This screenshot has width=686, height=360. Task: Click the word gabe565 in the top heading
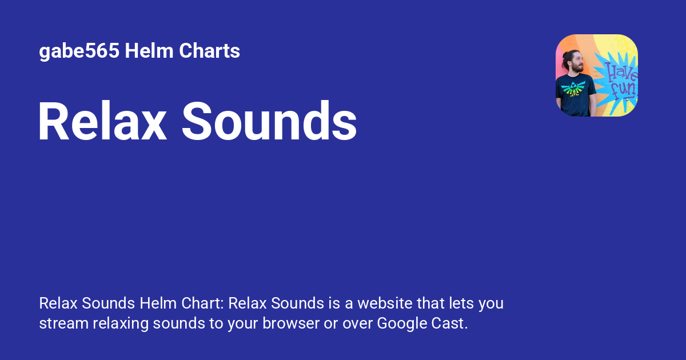point(79,51)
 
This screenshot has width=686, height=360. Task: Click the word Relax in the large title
point(102,122)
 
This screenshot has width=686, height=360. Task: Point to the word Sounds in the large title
point(269,122)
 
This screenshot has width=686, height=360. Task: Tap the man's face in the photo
point(576,65)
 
